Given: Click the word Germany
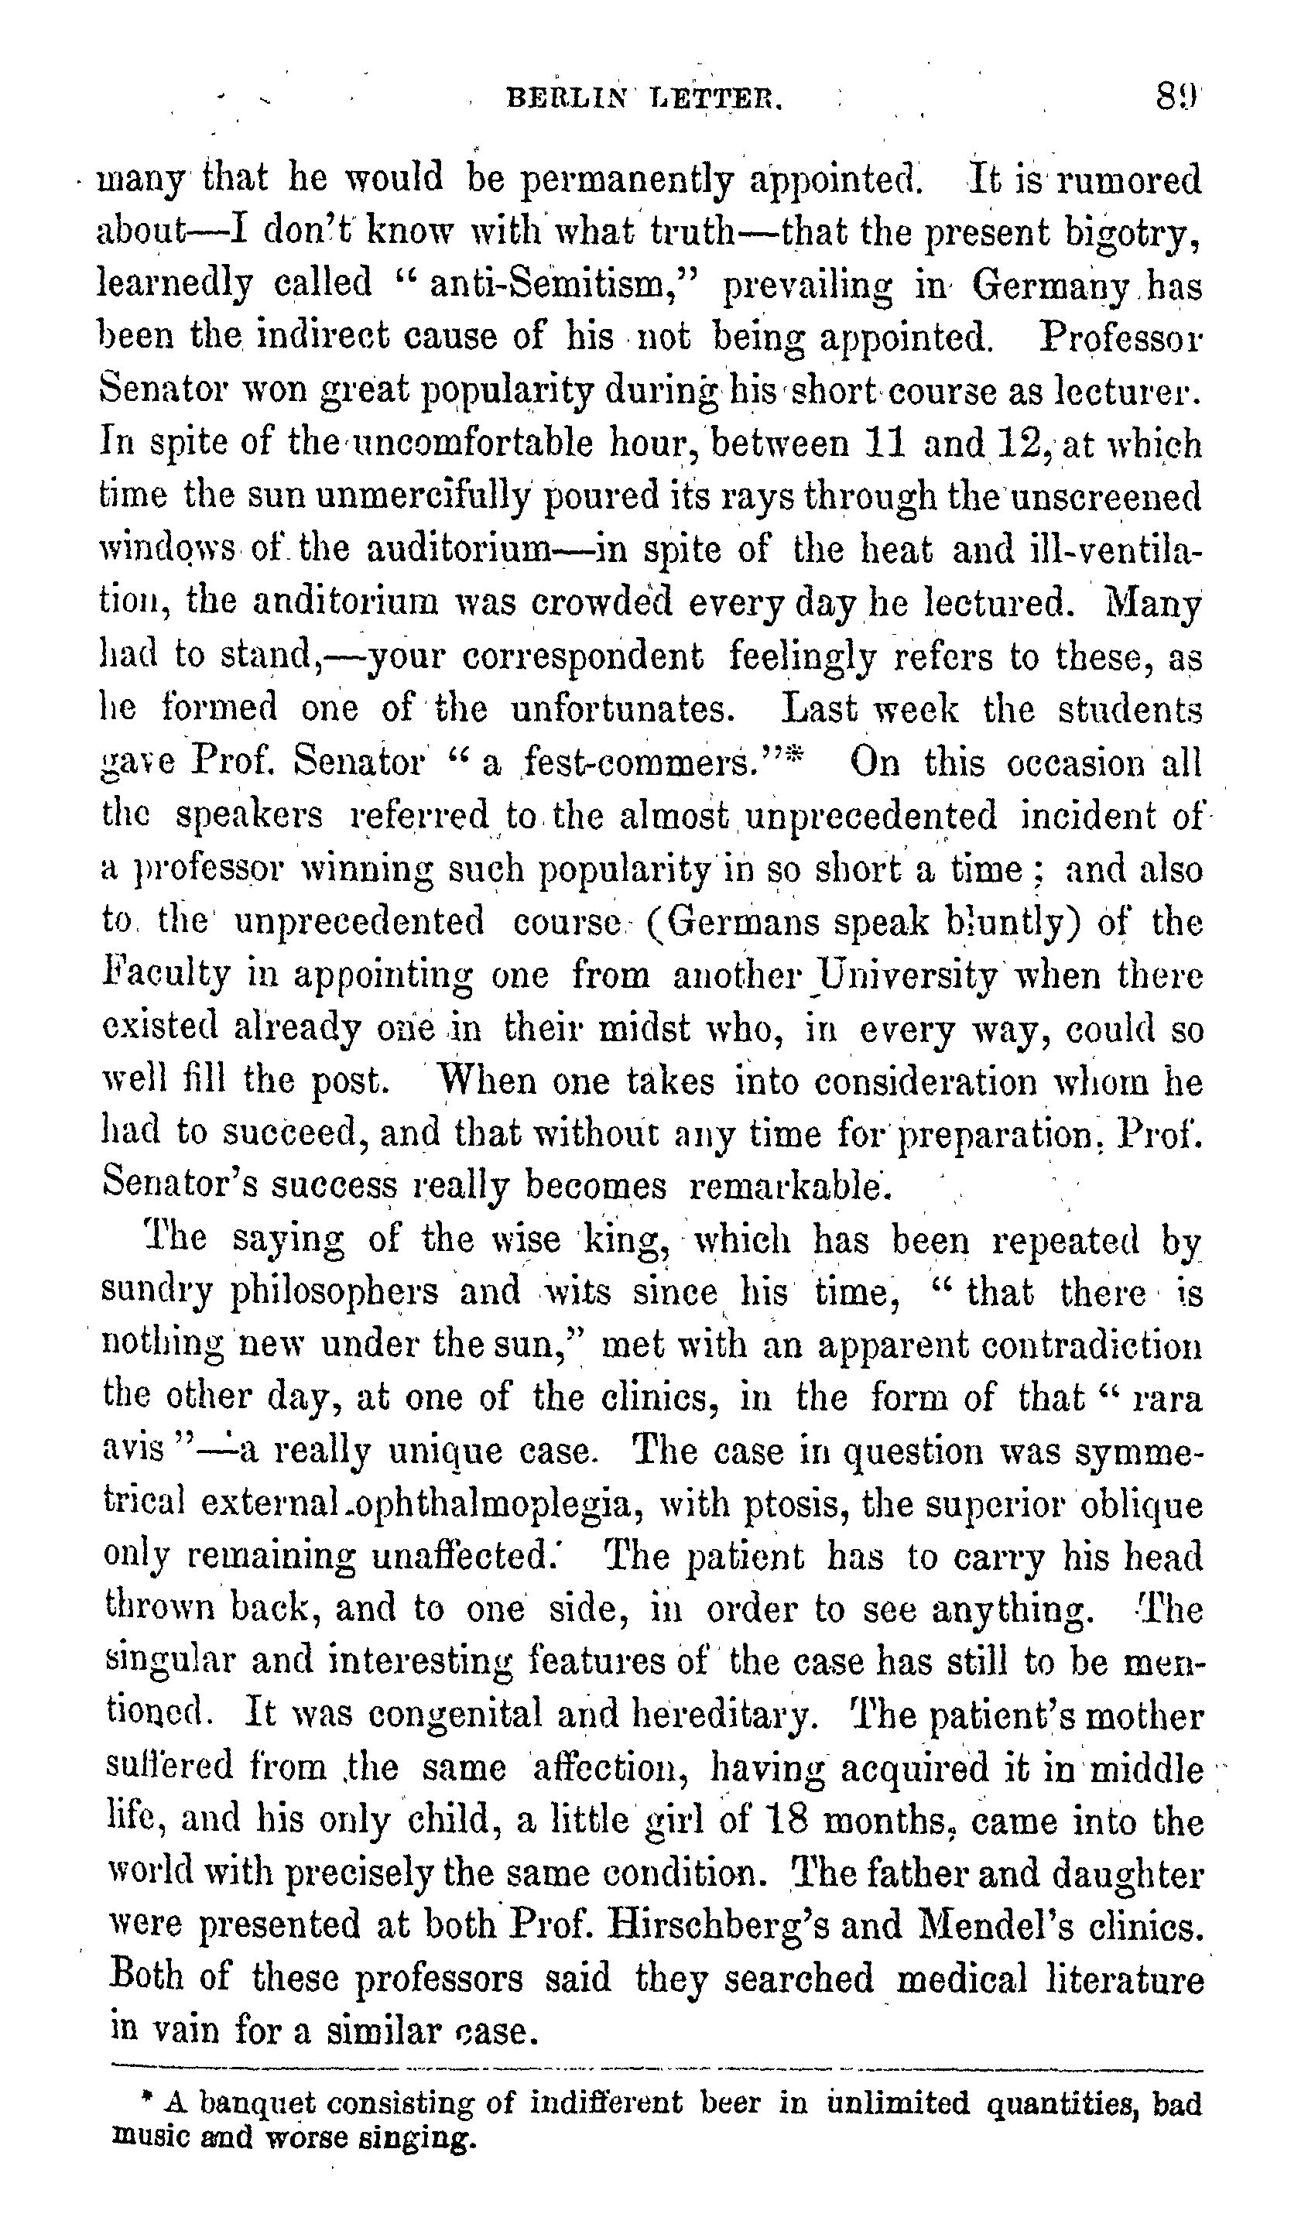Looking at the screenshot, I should coord(1051,285).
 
